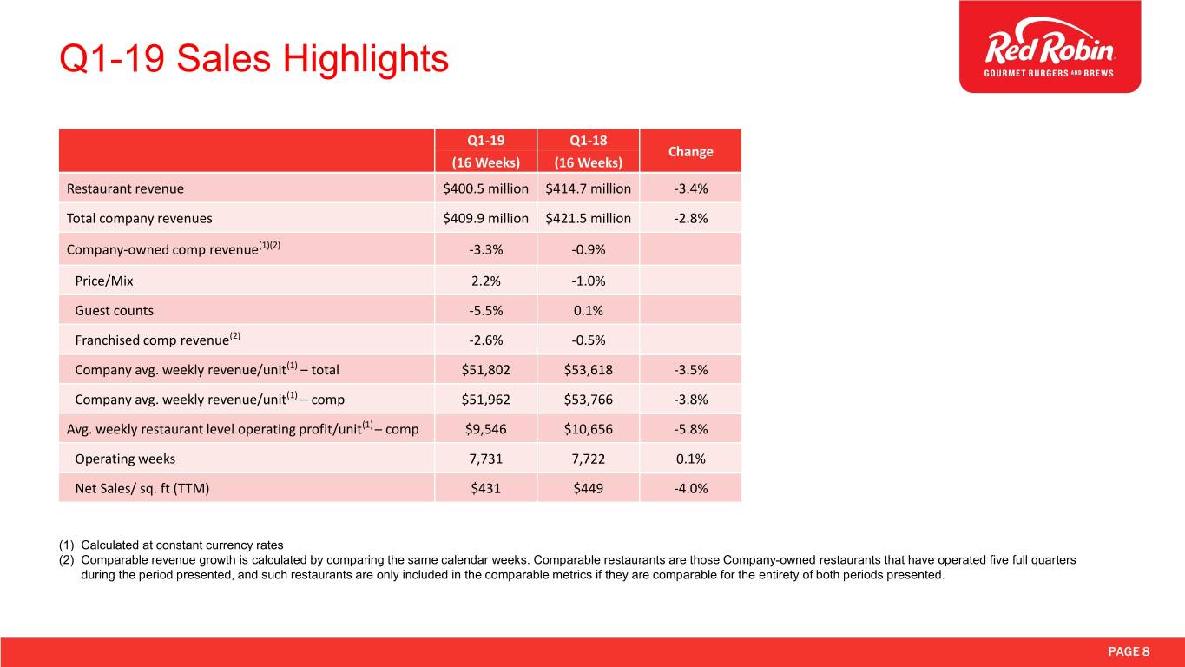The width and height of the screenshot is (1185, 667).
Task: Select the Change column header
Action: [x=690, y=151]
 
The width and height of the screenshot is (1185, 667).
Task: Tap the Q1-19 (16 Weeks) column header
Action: [x=485, y=151]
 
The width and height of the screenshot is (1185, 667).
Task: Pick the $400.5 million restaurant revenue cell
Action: [x=485, y=188]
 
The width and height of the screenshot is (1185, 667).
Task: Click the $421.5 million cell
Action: [x=588, y=219]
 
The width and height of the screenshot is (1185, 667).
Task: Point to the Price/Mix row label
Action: [x=104, y=281]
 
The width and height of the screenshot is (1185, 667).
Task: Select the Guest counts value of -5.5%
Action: [x=485, y=310]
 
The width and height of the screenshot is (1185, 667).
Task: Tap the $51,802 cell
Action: [x=485, y=369]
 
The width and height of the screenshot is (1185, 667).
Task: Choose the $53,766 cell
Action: [x=588, y=400]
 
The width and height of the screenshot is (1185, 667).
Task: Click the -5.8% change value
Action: [x=690, y=429]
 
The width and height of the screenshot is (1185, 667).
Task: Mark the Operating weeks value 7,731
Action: [x=485, y=459]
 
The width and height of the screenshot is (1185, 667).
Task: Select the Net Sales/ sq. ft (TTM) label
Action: [x=142, y=488]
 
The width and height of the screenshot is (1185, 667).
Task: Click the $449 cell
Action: [x=588, y=488]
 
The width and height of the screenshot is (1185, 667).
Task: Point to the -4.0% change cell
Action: [x=690, y=488]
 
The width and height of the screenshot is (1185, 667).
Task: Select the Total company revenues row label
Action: [x=139, y=219]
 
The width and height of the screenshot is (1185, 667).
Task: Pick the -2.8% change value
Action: [x=690, y=219]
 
